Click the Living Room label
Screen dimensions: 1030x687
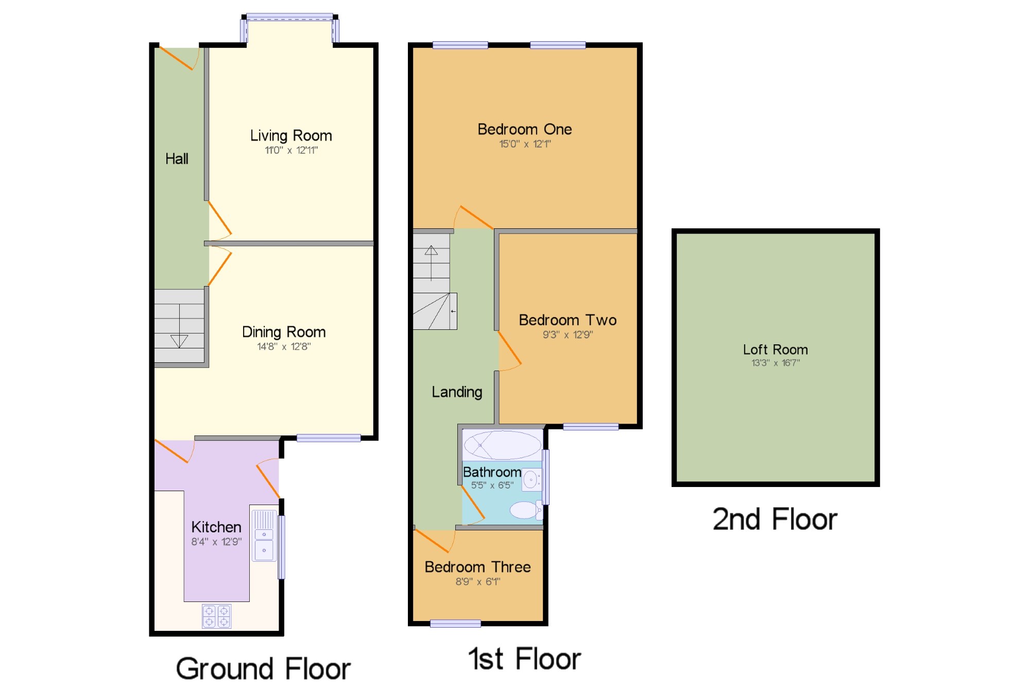tap(291, 136)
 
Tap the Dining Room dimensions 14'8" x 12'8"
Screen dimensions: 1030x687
tap(284, 346)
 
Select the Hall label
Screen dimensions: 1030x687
tap(177, 159)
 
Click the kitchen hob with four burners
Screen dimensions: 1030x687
tap(217, 616)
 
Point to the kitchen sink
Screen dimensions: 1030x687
tap(264, 535)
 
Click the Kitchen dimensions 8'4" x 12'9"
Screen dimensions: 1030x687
tap(216, 542)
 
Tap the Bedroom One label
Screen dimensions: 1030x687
tap(525, 129)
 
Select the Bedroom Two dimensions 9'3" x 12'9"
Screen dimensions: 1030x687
tap(568, 334)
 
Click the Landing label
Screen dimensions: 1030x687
tap(457, 392)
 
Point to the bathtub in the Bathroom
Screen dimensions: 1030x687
tap(503, 445)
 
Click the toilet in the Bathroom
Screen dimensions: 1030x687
tap(526, 510)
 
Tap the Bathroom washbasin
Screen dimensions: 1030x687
tap(531, 480)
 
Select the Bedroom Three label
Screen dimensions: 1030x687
tap(477, 567)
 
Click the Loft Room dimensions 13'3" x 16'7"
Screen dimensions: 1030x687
tap(776, 363)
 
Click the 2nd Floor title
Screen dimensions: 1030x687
tap(775, 519)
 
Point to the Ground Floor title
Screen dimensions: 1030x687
tap(263, 668)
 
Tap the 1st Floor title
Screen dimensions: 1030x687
tap(525, 659)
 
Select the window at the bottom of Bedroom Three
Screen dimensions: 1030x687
tap(455, 624)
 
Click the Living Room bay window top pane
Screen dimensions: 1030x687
tap(289, 17)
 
